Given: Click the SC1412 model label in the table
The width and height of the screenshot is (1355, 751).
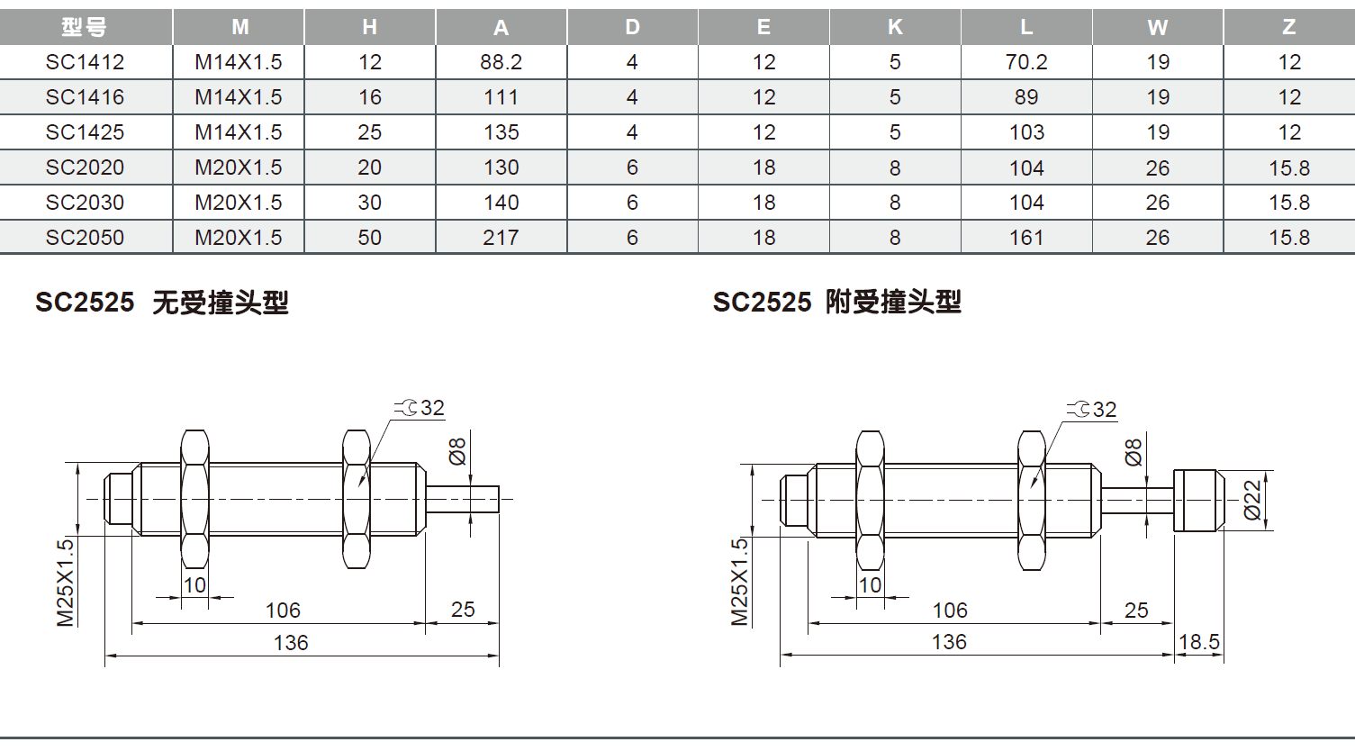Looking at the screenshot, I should [85, 62].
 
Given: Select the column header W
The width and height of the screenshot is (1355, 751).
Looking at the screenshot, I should [1158, 27].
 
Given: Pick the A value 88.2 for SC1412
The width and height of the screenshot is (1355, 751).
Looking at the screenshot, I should [501, 62].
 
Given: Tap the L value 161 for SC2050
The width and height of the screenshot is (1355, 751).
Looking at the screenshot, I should [1026, 238].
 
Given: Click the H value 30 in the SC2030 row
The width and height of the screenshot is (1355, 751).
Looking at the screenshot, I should [369, 203].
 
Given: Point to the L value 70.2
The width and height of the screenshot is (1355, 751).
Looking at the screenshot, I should [1026, 62].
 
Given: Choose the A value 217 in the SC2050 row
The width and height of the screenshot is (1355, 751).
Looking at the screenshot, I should [501, 238].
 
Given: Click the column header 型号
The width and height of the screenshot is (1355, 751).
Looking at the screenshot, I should [85, 27].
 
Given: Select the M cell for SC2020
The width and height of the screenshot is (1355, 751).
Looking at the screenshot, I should [239, 167].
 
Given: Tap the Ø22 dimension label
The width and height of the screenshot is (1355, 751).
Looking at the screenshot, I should [1252, 500].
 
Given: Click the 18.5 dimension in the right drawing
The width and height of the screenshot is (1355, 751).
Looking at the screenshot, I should [1199, 642].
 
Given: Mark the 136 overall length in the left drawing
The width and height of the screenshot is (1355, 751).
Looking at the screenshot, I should [291, 643].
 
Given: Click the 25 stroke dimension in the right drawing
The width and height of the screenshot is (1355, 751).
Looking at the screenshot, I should [1136, 611].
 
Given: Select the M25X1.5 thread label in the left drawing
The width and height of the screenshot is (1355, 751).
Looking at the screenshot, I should [66, 582].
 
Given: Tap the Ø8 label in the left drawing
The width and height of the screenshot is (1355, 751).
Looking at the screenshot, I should [457, 451].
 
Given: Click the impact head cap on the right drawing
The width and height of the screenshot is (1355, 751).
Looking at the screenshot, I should [1198, 500].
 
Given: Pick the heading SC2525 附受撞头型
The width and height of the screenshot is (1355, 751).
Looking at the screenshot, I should [836, 302].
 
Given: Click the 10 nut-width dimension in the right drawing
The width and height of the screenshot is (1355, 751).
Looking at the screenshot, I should [870, 585].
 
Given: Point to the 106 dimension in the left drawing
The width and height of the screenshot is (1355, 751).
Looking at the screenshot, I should [283, 611].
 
